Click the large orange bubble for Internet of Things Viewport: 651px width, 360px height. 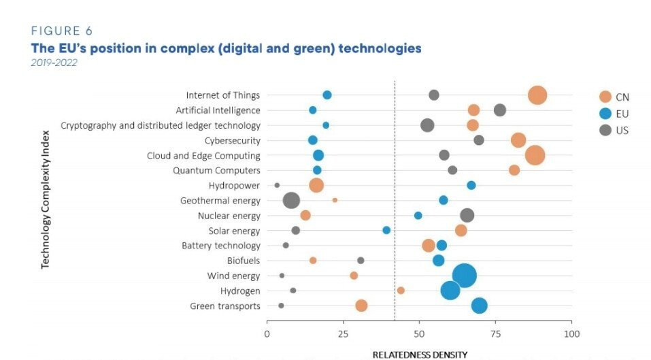click(537, 96)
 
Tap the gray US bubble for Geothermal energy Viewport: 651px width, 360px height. click(291, 201)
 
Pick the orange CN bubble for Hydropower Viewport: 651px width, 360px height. click(316, 185)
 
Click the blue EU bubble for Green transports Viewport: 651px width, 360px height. click(479, 306)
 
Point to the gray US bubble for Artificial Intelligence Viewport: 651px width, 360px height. click(500, 110)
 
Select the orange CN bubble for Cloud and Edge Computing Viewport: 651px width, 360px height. click(535, 155)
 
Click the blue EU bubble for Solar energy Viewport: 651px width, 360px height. click(386, 230)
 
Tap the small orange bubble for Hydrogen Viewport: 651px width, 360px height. click(401, 291)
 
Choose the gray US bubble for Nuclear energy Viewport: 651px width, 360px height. click(467, 215)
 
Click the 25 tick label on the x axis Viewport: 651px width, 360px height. click(343, 334)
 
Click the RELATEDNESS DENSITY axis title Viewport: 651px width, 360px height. click(420, 355)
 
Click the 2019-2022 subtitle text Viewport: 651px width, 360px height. click(54, 63)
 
